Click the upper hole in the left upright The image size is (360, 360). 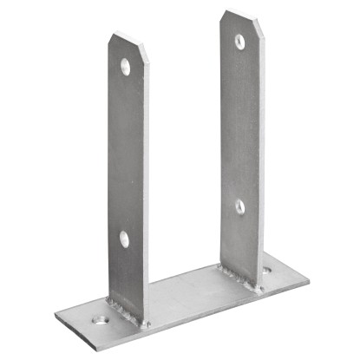pyautogui.click(x=127, y=66)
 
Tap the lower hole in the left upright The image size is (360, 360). pyautogui.click(x=123, y=239)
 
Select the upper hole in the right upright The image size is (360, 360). pyautogui.click(x=239, y=40)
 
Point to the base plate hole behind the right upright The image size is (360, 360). pyautogui.click(x=265, y=271)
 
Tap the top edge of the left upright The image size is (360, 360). pyautogui.click(x=127, y=36)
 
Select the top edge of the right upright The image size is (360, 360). pyautogui.click(x=239, y=12)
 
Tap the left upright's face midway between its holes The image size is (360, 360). pyautogui.click(x=125, y=152)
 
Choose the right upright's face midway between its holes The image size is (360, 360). pyautogui.click(x=239, y=123)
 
